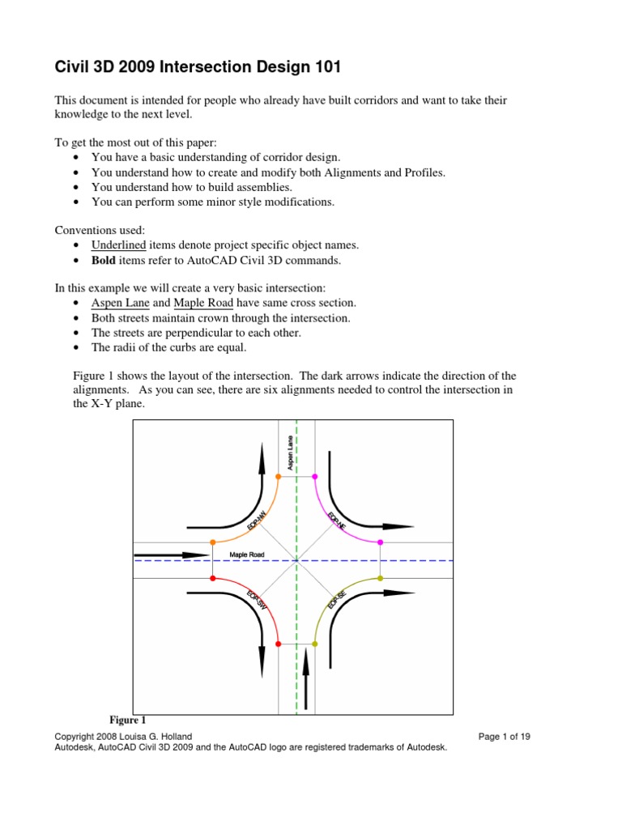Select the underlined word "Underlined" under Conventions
pyautogui.click(x=118, y=244)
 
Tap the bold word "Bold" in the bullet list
pyautogui.click(x=104, y=260)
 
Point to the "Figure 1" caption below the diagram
pyautogui.click(x=127, y=719)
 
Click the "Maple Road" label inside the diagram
pyautogui.click(x=247, y=555)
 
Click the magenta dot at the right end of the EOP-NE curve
pyautogui.click(x=381, y=542)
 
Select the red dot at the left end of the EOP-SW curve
pyautogui.click(x=212, y=578)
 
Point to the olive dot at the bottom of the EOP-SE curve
pyautogui.click(x=314, y=644)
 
